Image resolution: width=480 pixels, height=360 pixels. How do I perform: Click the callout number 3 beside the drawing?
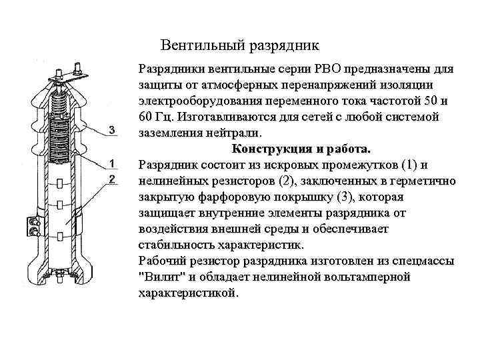(112, 130)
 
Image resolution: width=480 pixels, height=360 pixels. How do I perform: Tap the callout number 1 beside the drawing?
(112, 163)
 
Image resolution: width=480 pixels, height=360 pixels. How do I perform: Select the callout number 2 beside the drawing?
(112, 179)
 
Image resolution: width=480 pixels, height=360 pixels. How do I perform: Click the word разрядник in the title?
(284, 46)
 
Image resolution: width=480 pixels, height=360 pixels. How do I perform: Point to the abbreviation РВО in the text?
(327, 69)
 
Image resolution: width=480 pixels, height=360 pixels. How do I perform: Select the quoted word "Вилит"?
(162, 277)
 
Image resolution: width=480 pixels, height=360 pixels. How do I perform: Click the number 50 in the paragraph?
(430, 101)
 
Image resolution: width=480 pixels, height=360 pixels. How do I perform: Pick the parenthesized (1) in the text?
(409, 165)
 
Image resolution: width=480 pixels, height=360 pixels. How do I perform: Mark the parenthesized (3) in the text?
(345, 197)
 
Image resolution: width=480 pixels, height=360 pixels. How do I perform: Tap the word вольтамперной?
(367, 277)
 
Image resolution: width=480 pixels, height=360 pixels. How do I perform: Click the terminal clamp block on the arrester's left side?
(33, 227)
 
